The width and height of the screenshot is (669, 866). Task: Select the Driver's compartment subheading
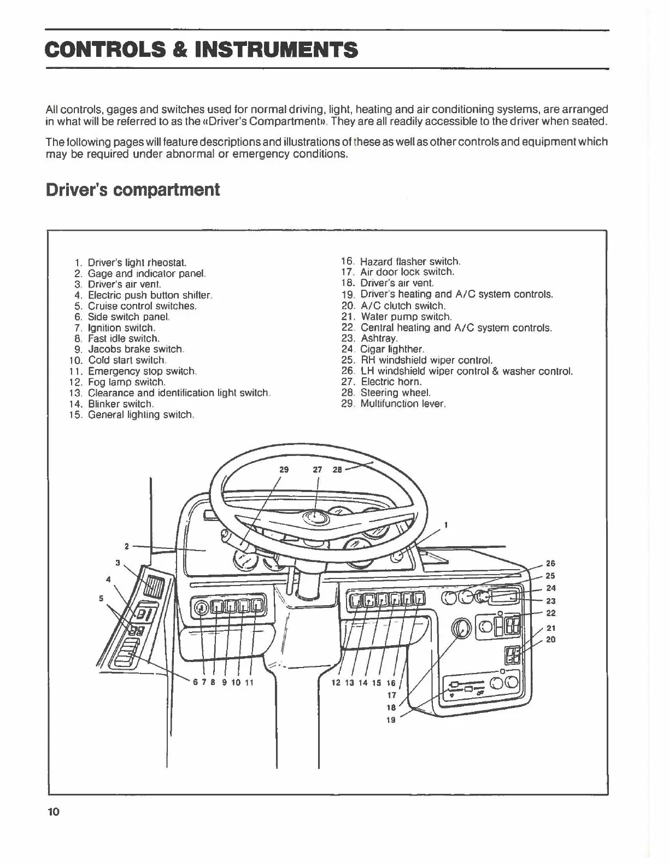(x=133, y=190)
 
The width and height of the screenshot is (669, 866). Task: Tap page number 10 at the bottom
(x=53, y=811)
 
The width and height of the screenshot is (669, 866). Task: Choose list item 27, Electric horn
(x=391, y=382)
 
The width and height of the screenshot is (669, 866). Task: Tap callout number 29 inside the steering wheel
(x=284, y=470)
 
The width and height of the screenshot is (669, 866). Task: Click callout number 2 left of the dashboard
(x=127, y=546)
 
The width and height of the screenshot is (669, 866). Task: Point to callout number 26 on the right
(x=550, y=563)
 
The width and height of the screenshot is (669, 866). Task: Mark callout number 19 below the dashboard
(x=391, y=720)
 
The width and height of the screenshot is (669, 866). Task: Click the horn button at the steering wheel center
(x=315, y=517)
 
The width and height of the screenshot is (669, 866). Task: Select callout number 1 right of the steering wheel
(x=446, y=525)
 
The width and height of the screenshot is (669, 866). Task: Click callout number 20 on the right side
(x=550, y=639)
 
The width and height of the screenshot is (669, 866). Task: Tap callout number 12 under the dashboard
(x=337, y=682)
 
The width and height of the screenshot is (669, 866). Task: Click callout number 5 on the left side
(x=101, y=598)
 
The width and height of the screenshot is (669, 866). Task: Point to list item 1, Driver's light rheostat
(x=137, y=262)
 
